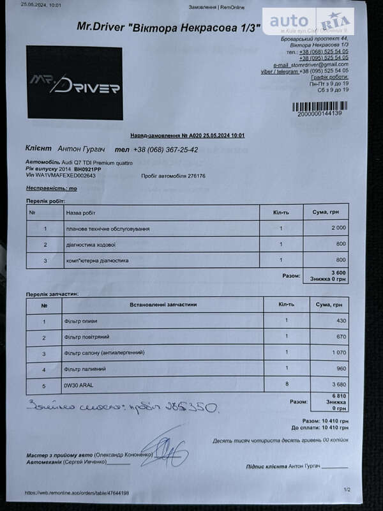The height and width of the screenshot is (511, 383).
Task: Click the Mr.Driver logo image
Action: (x=75, y=83)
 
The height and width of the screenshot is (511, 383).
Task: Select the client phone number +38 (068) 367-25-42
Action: (x=165, y=149)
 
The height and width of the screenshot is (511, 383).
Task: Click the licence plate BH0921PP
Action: (x=87, y=169)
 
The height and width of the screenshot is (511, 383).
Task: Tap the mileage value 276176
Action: (x=192, y=176)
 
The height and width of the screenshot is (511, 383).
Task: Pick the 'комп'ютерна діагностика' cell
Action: (x=97, y=261)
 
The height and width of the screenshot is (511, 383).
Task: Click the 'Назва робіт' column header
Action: (x=80, y=212)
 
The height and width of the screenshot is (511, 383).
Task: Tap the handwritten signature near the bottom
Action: (x=165, y=450)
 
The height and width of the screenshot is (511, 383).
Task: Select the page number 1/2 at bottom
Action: (x=347, y=490)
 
